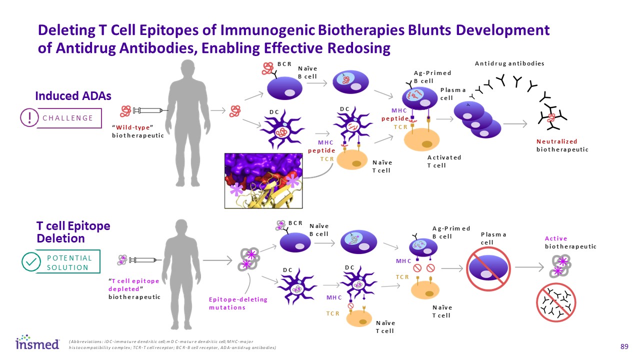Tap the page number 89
click(x=623, y=346)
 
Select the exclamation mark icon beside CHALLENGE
click(x=29, y=117)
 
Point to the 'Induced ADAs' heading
click(x=73, y=95)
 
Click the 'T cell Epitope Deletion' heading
click(x=73, y=232)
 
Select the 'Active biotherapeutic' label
click(x=570, y=242)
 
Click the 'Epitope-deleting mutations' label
click(x=238, y=303)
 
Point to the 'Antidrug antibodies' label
click(x=509, y=63)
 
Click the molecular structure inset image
click(x=264, y=180)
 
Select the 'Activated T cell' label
click(x=444, y=161)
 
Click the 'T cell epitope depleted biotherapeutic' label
click(x=134, y=288)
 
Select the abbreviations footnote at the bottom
click(x=172, y=344)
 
